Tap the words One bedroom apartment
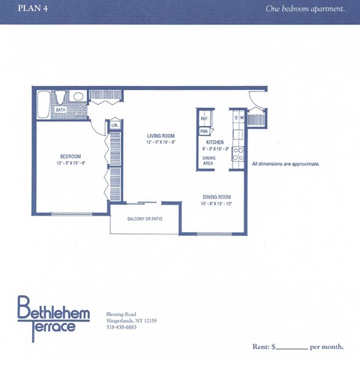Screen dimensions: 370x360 click(305, 8)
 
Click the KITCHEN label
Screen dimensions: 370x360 click(216, 142)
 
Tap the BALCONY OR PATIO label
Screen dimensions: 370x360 click(145, 219)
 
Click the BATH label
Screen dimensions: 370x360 click(61, 109)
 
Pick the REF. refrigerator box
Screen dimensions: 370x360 click(205, 119)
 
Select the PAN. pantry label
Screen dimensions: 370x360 click(203, 130)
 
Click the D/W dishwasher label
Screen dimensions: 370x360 click(239, 118)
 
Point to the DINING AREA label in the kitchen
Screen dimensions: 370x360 click(210, 160)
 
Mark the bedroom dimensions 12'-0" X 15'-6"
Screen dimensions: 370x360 click(72, 163)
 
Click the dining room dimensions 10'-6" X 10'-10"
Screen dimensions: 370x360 click(217, 204)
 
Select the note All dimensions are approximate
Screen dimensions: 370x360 click(286, 163)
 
